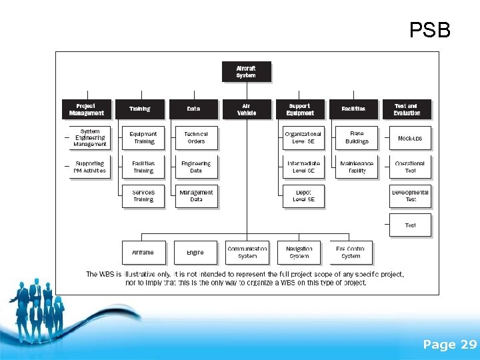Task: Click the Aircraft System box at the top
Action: coord(246,71)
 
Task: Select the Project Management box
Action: coord(86,109)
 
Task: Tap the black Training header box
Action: coord(140,109)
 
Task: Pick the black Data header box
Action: coord(193,109)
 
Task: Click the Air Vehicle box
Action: coord(247,109)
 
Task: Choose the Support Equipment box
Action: coord(300,109)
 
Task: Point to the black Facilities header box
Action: coord(353,109)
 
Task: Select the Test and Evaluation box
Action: coord(407,109)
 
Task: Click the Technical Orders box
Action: coord(196,138)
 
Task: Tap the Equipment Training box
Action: coord(143,138)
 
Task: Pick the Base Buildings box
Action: coord(357,138)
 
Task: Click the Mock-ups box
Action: coord(410,138)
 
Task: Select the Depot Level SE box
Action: coord(303,196)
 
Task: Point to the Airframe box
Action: coord(143,253)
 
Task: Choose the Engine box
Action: coord(195,253)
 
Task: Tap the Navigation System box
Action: coord(299,253)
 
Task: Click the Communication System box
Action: coord(247,253)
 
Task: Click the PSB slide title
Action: coord(430,30)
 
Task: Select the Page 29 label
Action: coord(450,345)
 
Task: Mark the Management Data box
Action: coord(196,196)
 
